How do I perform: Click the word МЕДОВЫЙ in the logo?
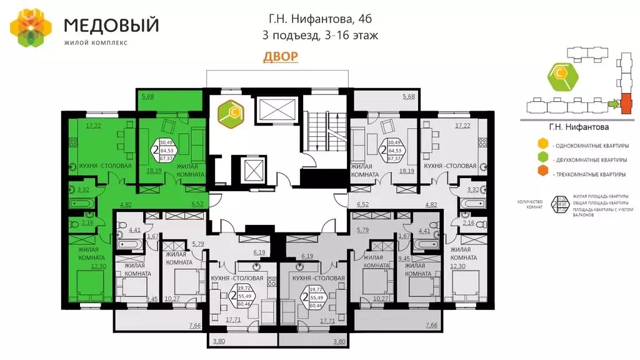tap(111, 26)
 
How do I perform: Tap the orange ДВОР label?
tap(280, 57)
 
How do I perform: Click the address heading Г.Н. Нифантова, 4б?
tap(321, 20)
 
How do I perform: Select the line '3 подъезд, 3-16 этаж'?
tap(321, 36)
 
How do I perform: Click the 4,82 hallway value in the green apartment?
tap(126, 204)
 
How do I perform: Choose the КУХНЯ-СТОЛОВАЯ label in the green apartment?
tap(105, 166)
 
